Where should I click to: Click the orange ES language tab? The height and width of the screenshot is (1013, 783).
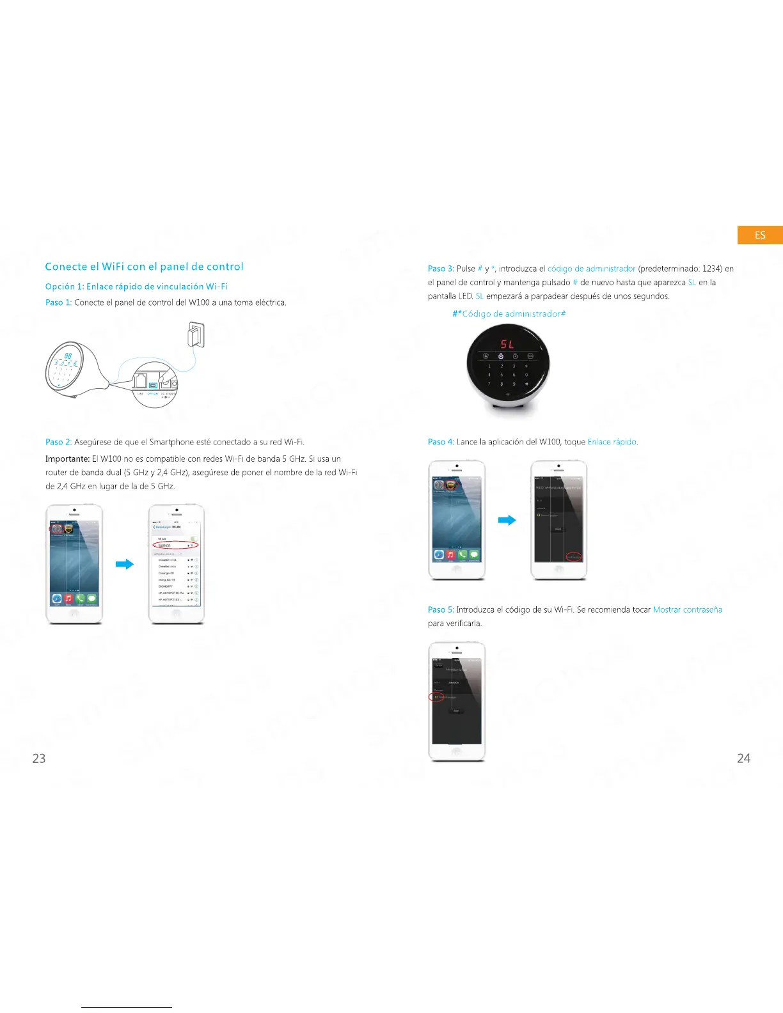[x=760, y=235]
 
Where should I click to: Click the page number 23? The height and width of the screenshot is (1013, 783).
[x=39, y=758]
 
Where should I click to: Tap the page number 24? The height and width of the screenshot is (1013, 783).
[x=743, y=758]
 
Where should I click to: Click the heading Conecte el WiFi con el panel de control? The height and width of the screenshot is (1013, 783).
[x=144, y=267]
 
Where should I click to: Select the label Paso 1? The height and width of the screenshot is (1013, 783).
[x=58, y=302]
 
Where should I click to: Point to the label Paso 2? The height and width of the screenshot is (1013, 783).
[x=58, y=442]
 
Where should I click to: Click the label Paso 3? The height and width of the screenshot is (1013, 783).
[x=441, y=269]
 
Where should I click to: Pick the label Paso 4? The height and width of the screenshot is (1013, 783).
[x=441, y=442]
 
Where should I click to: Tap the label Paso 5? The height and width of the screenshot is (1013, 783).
[x=441, y=609]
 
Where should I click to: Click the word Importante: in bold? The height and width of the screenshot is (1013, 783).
[x=67, y=459]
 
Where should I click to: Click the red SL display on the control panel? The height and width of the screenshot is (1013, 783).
[x=507, y=345]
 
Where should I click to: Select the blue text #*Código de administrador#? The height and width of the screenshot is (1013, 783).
[x=509, y=313]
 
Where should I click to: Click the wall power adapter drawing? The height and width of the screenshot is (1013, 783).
[x=195, y=334]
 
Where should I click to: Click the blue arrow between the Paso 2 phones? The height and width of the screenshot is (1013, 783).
[x=124, y=564]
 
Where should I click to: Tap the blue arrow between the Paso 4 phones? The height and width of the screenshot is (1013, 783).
[x=507, y=520]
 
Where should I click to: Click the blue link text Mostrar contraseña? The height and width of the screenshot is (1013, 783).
[x=687, y=609]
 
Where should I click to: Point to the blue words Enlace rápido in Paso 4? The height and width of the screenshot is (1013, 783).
[x=612, y=442]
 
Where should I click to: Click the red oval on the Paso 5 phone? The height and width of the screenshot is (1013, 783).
[x=436, y=696]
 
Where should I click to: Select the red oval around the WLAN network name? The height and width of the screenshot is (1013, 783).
[x=176, y=545]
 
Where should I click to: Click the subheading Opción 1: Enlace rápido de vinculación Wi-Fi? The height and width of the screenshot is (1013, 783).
[x=136, y=286]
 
